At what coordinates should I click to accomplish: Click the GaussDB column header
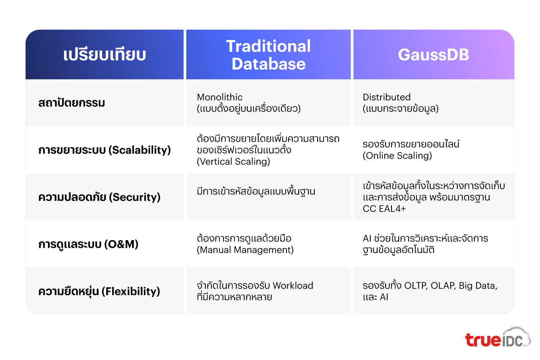(x=433, y=55)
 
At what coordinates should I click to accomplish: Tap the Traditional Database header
(x=268, y=55)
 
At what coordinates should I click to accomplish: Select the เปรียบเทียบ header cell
(x=105, y=55)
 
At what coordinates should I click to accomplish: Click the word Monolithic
(x=220, y=97)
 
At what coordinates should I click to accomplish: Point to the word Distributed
(x=386, y=97)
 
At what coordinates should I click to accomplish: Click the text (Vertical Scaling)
(x=233, y=162)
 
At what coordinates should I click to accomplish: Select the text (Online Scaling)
(x=397, y=156)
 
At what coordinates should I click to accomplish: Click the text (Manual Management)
(x=245, y=250)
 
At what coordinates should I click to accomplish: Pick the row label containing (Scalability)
(x=105, y=150)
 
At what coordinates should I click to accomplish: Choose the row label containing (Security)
(x=100, y=197)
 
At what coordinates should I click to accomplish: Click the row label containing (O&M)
(x=88, y=244)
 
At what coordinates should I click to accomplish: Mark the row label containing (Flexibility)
(x=99, y=291)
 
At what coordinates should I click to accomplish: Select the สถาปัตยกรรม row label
(x=71, y=103)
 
